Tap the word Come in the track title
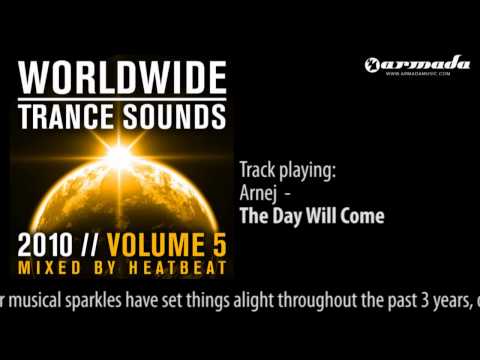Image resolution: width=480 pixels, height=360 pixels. (x=364, y=214)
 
